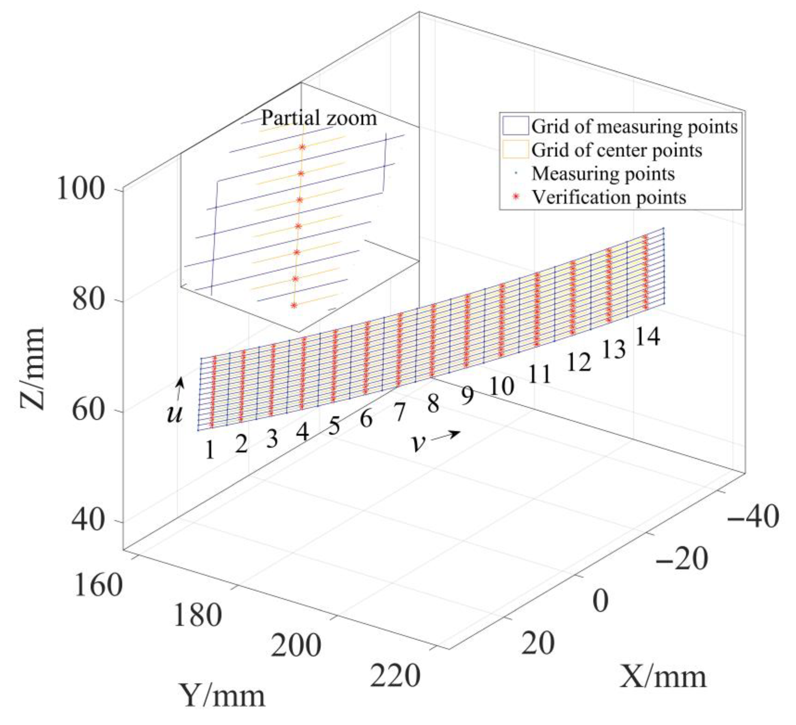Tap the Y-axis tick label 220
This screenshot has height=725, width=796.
tap(395, 677)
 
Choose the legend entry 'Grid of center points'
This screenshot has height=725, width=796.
tap(617, 150)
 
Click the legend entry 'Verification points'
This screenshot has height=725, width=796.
tap(609, 197)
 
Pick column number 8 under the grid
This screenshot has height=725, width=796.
tap(433, 404)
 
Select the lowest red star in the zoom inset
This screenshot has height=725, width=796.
tap(293, 305)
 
